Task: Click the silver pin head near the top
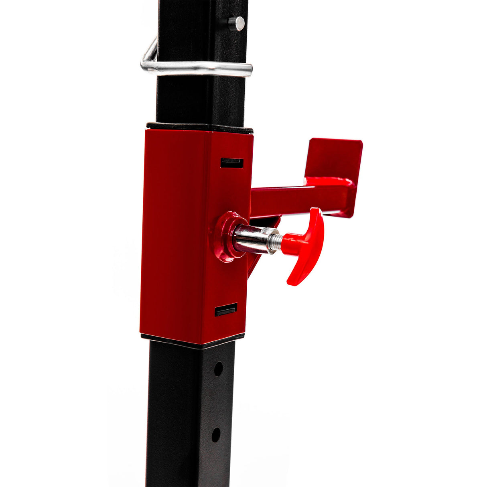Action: pos(239,23)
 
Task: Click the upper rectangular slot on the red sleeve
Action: pos(232,162)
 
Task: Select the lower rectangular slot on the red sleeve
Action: pos(225,310)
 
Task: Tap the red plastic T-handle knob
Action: pos(307,245)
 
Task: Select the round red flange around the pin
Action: pos(225,237)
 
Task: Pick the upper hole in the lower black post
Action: pos(218,369)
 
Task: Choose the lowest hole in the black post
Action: pos(216,434)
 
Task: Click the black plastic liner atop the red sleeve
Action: pos(201,128)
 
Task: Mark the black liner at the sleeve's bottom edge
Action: pos(193,339)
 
